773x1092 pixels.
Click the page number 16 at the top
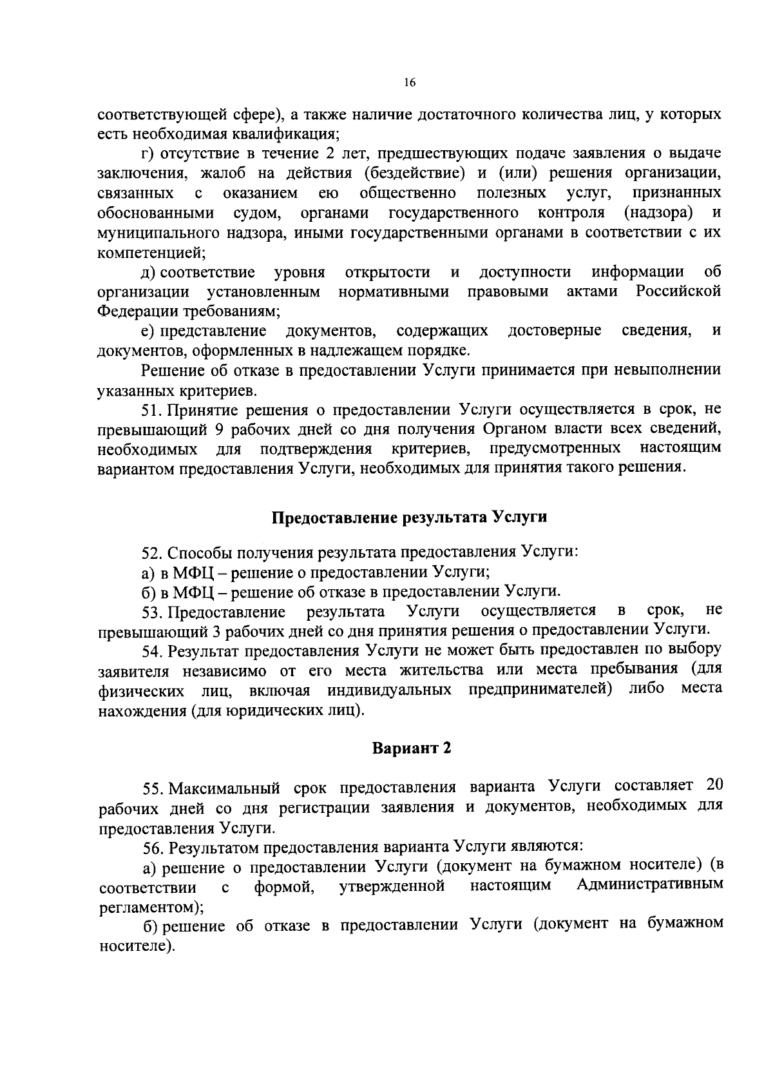(x=410, y=83)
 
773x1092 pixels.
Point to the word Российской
(x=678, y=291)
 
